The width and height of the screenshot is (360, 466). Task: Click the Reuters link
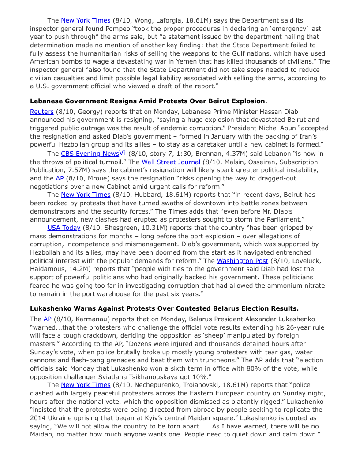(41, 112)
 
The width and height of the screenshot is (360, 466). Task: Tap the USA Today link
(64, 228)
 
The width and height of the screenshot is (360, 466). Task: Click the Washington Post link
(242, 261)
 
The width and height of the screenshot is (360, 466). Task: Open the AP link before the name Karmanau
(48, 319)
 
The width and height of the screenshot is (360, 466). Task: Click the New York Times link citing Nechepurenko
(86, 385)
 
